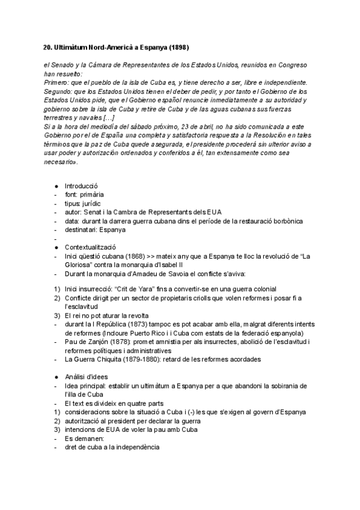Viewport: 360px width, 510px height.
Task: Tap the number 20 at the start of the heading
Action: coord(49,47)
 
